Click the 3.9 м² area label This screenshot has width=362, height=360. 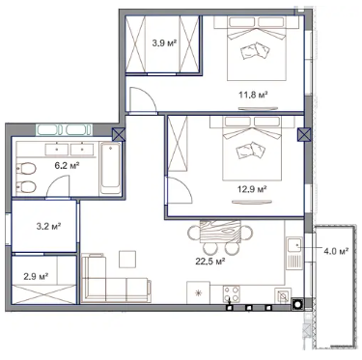point(164,43)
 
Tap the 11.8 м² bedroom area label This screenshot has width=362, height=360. point(253,95)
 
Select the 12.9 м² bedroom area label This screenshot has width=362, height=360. point(253,189)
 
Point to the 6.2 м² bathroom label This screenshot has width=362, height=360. point(67,166)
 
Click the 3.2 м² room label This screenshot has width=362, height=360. point(48,227)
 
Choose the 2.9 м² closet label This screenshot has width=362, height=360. point(36,276)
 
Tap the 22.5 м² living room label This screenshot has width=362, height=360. point(210,262)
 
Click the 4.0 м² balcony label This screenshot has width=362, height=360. point(336,251)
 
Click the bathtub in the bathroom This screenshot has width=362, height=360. point(110,168)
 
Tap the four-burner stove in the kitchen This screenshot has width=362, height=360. point(232,293)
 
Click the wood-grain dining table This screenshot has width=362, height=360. point(220,232)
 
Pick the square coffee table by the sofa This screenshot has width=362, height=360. point(127,260)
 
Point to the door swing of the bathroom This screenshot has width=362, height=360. point(58,186)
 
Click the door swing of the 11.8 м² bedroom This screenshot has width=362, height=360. point(143,100)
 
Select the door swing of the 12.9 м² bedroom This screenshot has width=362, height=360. point(179,190)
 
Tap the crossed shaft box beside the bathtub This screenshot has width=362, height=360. point(119,134)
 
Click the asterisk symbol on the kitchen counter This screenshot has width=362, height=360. point(199,292)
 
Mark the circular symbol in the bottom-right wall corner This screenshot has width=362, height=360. point(297,304)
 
